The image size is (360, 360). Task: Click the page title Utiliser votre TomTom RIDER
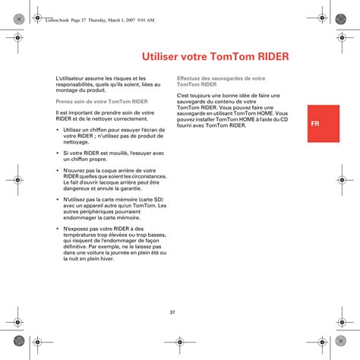click(x=216, y=57)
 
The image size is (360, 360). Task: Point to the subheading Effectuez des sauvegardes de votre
click(x=220, y=78)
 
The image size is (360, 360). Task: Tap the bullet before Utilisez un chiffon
click(x=58, y=130)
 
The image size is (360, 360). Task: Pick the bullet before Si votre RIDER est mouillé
click(x=58, y=153)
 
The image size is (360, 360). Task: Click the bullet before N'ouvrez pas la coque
click(x=58, y=171)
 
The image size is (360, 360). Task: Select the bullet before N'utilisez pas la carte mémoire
click(x=58, y=200)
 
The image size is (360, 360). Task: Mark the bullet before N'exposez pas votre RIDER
click(x=58, y=229)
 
